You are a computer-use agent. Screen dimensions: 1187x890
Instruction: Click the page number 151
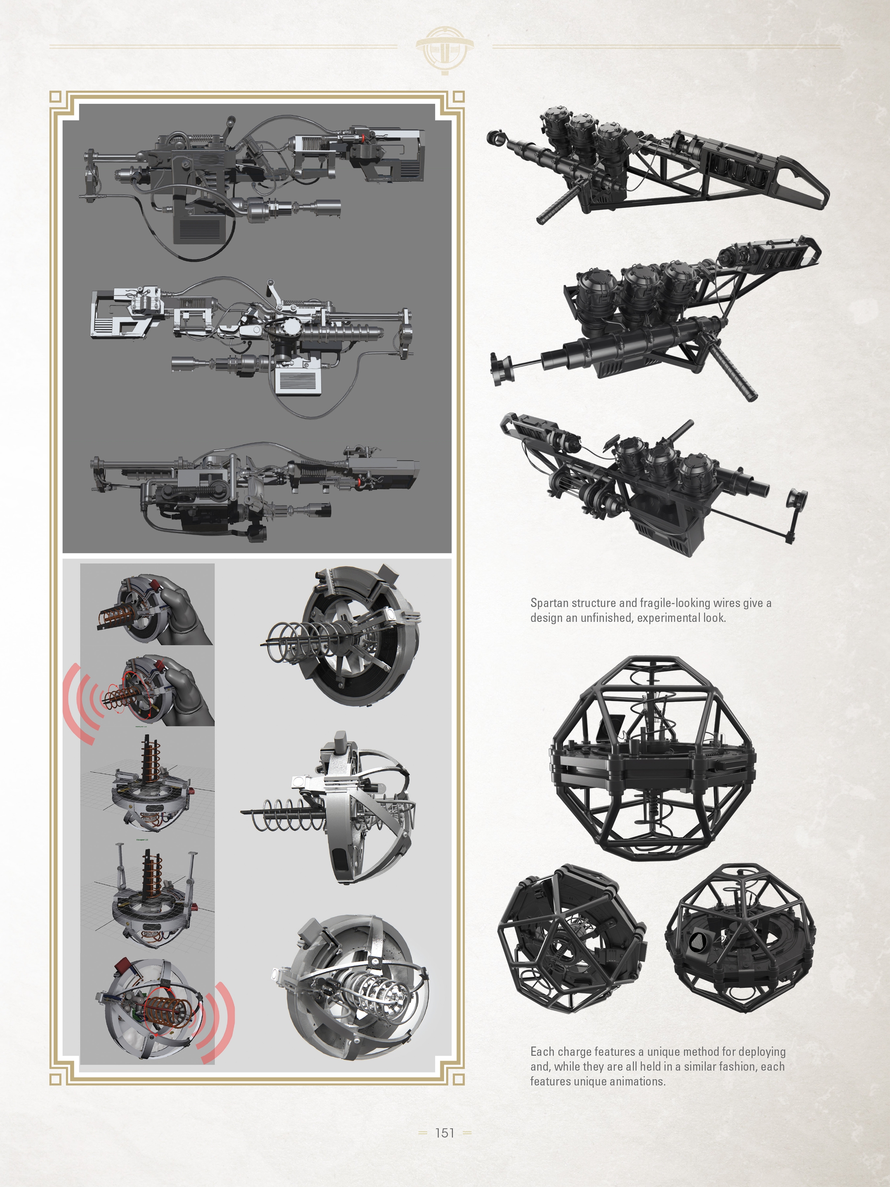444,1133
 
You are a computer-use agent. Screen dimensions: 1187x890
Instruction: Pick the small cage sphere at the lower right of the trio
739,938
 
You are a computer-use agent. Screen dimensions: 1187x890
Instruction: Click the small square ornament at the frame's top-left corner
55,97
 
